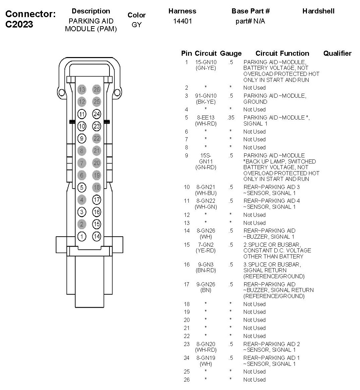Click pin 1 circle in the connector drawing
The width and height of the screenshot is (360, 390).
[x=82, y=236]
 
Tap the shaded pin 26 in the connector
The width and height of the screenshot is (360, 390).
[x=97, y=89]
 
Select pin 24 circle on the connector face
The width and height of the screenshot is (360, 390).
[x=97, y=114]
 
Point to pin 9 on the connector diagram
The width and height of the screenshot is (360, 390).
[x=82, y=138]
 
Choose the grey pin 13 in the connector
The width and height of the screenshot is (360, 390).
[x=82, y=89]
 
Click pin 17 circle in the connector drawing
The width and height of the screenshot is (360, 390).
[x=97, y=200]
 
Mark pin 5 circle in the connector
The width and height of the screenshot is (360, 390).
[x=82, y=187]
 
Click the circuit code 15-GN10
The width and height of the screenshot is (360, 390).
[x=206, y=62]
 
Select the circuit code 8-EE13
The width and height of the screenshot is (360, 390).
[x=206, y=117]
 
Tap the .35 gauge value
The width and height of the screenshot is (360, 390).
[x=230, y=117]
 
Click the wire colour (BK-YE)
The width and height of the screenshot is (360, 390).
[x=206, y=102]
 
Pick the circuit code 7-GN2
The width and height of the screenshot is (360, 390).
[x=206, y=245]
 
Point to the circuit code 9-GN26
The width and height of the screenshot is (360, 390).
[x=206, y=284]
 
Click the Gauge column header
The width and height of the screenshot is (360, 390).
[x=231, y=53]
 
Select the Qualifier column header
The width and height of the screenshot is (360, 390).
[x=337, y=53]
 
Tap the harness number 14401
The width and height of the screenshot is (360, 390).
[x=182, y=21]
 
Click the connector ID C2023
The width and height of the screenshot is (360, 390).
[x=19, y=25]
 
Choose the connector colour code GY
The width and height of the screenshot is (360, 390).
[x=137, y=25]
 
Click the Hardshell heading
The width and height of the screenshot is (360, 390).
[x=318, y=11]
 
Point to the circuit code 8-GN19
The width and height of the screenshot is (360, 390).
[x=206, y=358]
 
